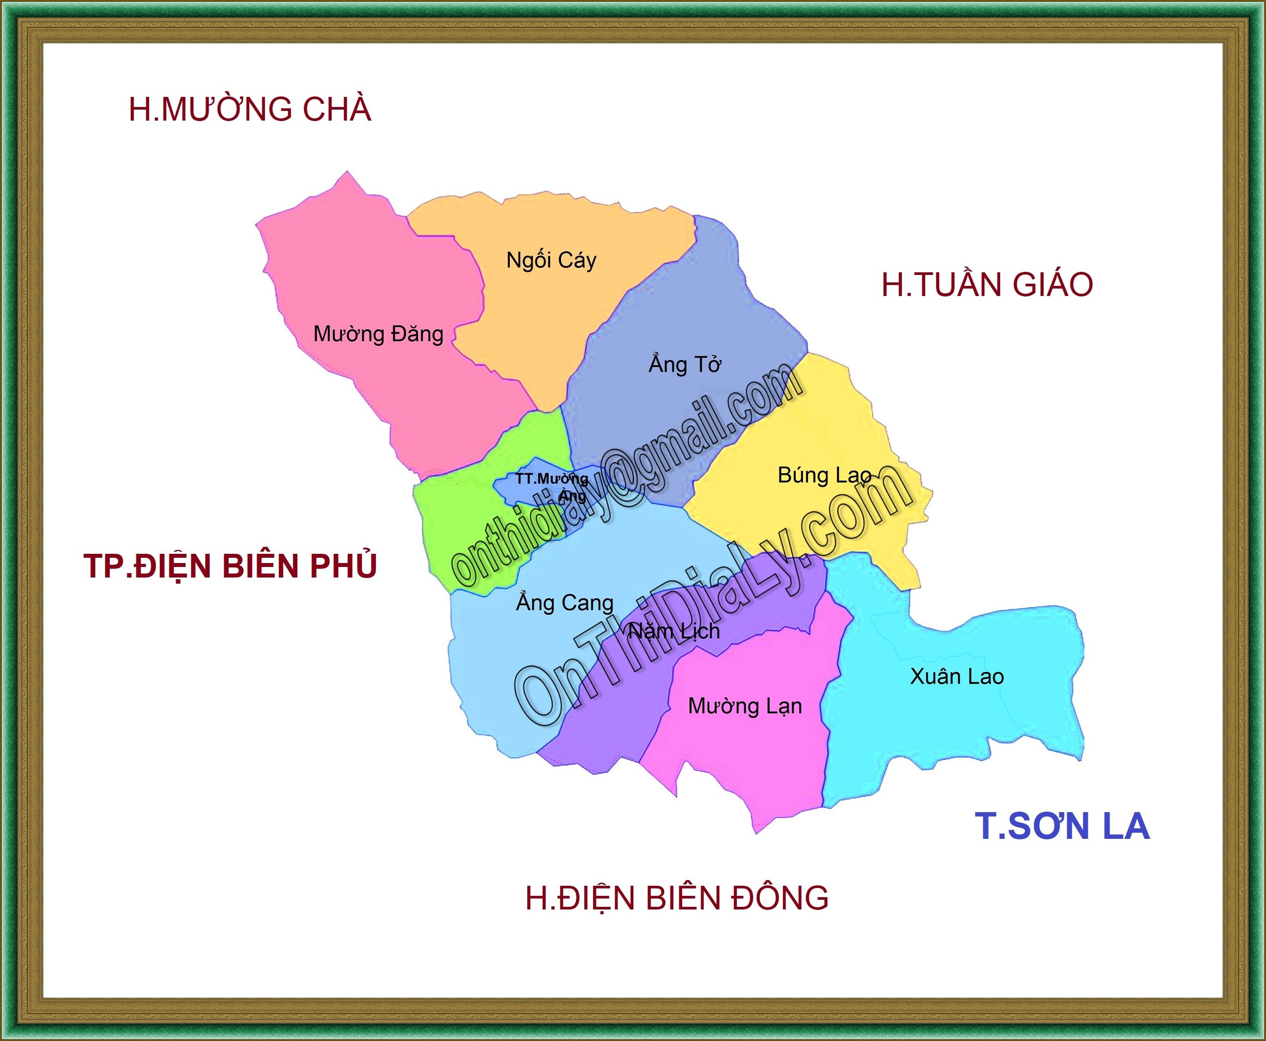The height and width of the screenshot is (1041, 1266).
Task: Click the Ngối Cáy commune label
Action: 551,261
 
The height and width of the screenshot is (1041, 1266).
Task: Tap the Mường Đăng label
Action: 379,334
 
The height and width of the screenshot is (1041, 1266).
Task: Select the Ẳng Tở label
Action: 685,364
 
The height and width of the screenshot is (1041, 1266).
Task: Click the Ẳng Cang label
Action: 565,602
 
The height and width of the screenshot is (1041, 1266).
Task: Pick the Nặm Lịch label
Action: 674,631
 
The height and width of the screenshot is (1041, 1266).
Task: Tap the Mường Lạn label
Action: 745,706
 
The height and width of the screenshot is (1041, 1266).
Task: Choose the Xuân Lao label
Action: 957,677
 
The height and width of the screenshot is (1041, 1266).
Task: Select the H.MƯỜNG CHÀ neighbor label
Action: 250,109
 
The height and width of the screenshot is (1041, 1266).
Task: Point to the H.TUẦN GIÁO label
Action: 987,285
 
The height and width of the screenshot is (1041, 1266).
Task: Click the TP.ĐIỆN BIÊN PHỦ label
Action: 230,566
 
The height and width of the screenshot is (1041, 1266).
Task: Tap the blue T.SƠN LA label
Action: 1062,826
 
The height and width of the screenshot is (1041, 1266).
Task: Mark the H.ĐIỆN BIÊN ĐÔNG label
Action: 677,898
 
